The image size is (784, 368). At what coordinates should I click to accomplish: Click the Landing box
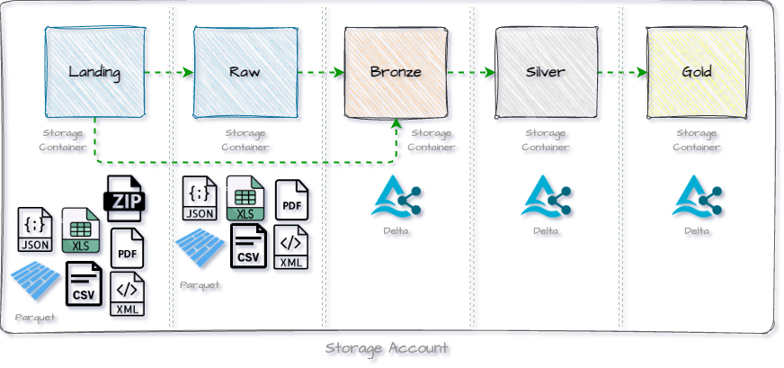94,72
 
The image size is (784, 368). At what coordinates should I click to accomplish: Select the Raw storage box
245,72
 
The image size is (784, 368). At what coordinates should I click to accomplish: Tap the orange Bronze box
396,72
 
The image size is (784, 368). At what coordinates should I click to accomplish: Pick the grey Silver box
546,72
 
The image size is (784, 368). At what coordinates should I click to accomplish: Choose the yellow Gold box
697,72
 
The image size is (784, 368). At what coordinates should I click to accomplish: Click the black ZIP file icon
126,199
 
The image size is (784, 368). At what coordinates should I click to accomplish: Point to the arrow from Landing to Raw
169,73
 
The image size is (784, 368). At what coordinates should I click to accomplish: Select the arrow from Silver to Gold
621,73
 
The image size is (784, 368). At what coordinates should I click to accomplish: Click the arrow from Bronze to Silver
471,73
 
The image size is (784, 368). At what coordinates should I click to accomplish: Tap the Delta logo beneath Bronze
396,198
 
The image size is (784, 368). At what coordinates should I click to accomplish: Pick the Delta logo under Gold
697,198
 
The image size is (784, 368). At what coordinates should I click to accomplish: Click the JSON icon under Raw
199,199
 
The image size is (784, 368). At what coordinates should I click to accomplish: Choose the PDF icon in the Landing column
127,248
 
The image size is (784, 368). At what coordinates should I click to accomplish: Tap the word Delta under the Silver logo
546,231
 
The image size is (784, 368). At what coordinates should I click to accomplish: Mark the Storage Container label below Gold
697,140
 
